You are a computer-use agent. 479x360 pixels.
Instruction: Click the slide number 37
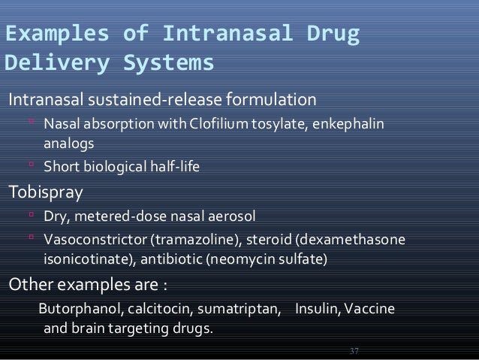pos(355,351)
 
